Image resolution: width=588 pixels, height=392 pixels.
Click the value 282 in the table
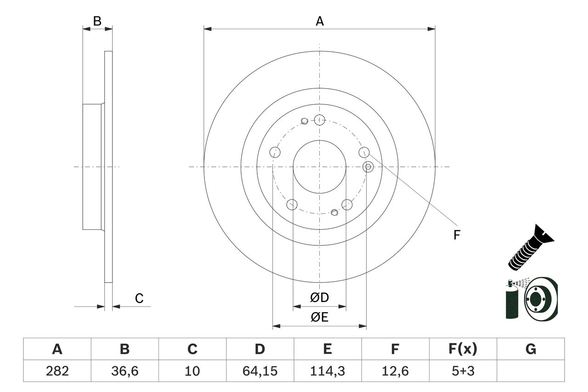57,371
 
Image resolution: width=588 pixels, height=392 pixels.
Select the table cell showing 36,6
124,371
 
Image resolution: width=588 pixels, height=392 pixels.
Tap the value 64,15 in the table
260,371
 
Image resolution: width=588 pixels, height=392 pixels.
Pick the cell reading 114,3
327,371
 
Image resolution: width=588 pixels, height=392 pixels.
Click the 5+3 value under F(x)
463,371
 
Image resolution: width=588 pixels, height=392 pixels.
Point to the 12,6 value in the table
395,371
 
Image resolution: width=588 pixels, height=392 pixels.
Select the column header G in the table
531,349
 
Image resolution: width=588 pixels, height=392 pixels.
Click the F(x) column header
463,349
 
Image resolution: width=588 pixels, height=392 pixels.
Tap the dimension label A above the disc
319,21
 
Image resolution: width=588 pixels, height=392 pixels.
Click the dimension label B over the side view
97,21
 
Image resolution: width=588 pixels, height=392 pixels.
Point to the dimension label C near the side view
139,298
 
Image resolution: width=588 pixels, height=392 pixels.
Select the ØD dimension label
320,298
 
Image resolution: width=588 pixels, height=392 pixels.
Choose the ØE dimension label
320,317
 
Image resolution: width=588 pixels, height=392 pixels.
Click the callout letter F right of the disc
456,235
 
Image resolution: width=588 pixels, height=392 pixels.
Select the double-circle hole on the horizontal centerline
367,167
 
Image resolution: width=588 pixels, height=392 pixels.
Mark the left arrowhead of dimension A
207,29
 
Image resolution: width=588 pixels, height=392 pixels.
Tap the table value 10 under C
192,371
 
